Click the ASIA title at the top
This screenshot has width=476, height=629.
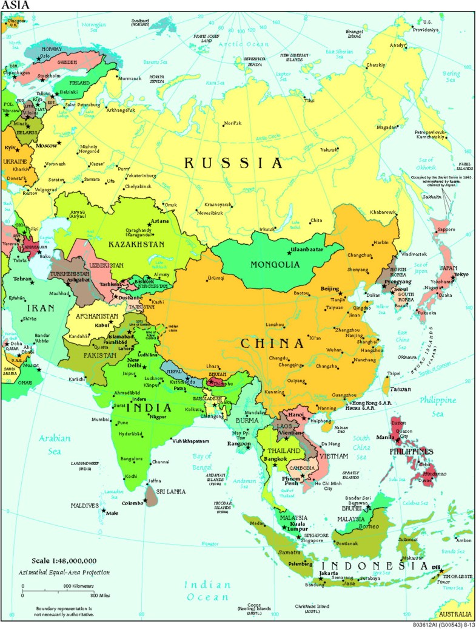[x=14, y=5]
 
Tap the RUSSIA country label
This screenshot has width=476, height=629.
[x=233, y=163]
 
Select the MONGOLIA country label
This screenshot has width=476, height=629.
[x=275, y=265]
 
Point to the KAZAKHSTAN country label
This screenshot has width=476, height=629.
[x=136, y=244]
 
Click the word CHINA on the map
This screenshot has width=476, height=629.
[x=272, y=344]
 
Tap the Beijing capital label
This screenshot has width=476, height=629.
[x=329, y=289]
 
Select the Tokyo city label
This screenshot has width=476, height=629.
[x=461, y=274]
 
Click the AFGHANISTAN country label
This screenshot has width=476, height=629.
[x=96, y=316]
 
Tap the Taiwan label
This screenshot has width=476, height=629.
[x=400, y=389]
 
